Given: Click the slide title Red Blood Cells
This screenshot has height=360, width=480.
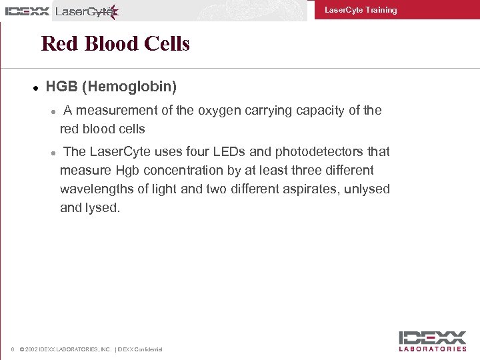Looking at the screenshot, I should pyautogui.click(x=115, y=44).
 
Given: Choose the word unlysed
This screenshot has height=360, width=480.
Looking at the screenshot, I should pyautogui.click(x=367, y=189).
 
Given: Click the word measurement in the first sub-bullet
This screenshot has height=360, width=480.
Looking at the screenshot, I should pyautogui.click(x=112, y=111).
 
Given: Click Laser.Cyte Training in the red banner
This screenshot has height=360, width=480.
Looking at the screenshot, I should pyautogui.click(x=360, y=10).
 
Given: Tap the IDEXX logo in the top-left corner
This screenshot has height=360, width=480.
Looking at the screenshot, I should pyautogui.click(x=27, y=11).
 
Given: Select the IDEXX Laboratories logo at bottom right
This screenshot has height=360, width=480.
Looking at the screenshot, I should pyautogui.click(x=433, y=341).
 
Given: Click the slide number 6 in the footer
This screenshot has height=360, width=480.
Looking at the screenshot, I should pyautogui.click(x=13, y=349).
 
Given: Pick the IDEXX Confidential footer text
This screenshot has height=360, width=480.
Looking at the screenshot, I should pyautogui.click(x=140, y=349).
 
